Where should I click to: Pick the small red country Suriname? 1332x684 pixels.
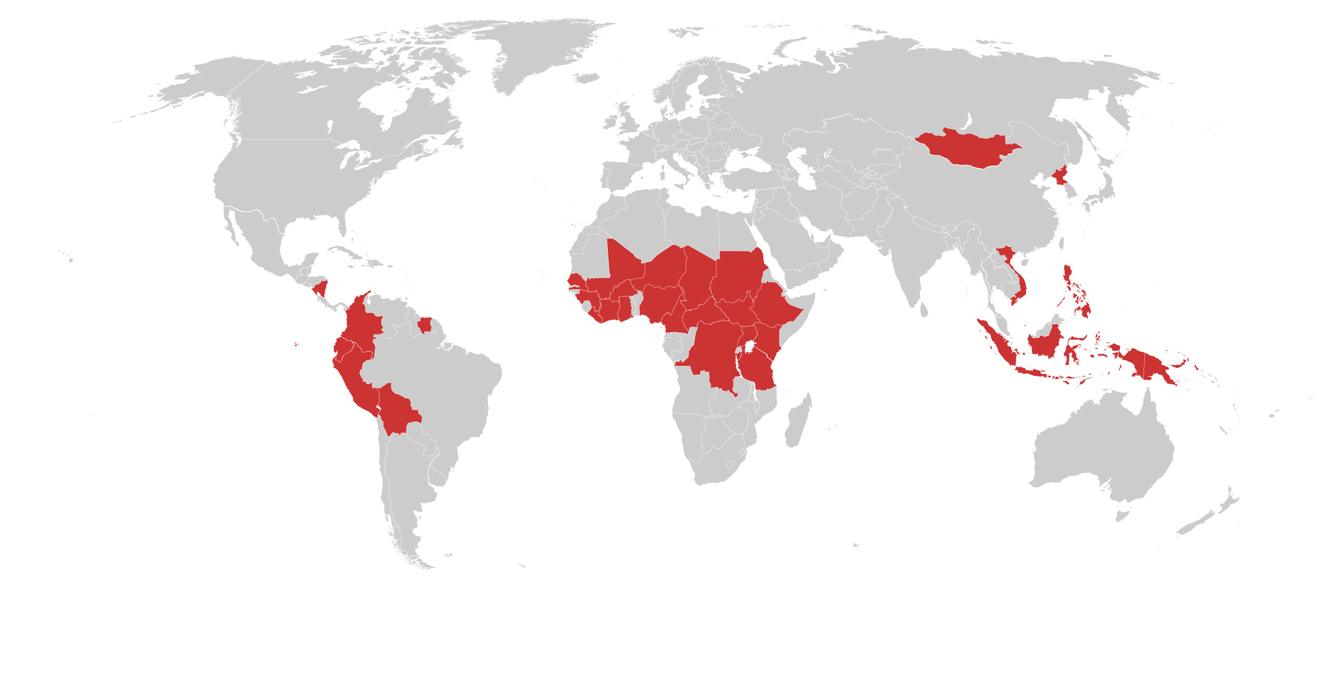(x=425, y=325)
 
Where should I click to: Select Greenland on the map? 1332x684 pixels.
(x=541, y=52)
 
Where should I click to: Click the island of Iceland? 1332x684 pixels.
(x=588, y=78)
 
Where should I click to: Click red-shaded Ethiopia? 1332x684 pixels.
(x=775, y=307)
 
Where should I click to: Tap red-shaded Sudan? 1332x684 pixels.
(x=736, y=276)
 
